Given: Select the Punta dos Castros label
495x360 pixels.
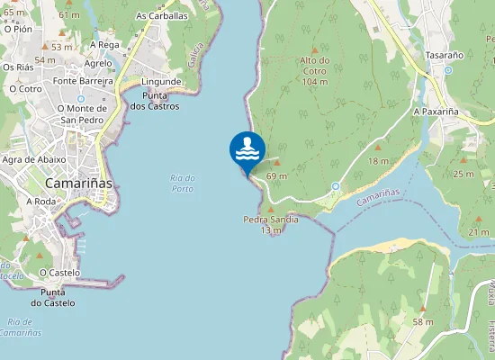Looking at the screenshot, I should click(155, 100).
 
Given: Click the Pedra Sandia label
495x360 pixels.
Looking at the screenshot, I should click(271, 220).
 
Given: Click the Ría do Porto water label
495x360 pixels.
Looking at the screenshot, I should click(182, 183).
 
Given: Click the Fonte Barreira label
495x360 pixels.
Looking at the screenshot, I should click(83, 80).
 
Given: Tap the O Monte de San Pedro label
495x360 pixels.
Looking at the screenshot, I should click(82, 114).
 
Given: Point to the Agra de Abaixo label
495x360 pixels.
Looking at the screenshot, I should click(33, 159).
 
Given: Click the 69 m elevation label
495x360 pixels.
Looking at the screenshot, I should click(276, 176).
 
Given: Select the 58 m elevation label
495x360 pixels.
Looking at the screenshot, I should click(422, 322).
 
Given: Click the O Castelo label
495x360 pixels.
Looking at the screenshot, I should click(59, 272).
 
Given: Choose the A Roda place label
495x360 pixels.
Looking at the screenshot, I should click(40, 202).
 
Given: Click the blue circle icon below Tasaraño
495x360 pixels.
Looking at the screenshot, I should click(447, 69).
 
